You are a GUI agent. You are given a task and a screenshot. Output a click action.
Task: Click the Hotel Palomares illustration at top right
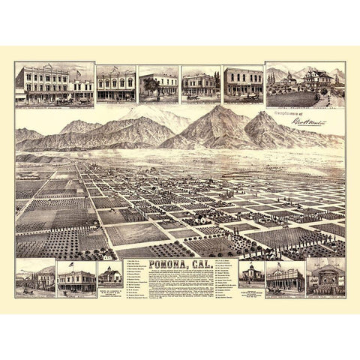(x=304, y=86)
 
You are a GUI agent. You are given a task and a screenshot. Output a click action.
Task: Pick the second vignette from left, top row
(x=116, y=85)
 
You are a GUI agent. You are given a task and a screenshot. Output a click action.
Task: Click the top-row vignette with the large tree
(x=157, y=85)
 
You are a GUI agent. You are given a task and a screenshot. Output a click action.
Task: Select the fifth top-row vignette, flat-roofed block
(x=242, y=85)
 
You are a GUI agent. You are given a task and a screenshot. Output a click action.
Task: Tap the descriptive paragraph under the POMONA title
(x=184, y=283)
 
